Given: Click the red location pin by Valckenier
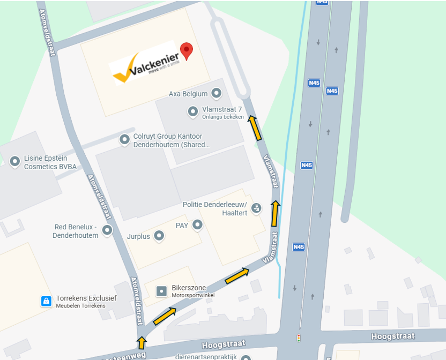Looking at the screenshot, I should tap(186, 50).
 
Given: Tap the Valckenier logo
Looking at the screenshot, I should tap(143, 67).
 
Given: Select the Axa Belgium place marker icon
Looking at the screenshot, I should tap(217, 94).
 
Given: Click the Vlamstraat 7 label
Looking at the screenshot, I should tap(222, 109).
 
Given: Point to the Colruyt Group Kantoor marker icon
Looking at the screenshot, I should tap(124, 140).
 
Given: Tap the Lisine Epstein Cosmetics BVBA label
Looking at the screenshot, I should tap(50, 163).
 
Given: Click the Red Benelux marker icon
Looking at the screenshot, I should tap(107, 230).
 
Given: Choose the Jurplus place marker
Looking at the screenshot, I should tap(159, 236).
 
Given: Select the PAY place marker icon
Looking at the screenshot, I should tap(198, 225).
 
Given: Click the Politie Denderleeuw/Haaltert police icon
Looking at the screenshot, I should tap(256, 208).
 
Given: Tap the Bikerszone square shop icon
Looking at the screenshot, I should tap(161, 291).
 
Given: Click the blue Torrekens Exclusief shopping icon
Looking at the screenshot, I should tap(47, 301).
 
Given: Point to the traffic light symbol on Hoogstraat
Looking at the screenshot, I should tap(299, 338).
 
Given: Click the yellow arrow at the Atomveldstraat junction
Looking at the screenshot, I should tap(142, 342).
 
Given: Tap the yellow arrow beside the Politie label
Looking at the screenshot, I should tap(274, 213).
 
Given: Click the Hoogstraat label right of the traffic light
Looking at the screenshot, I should tap(393, 336).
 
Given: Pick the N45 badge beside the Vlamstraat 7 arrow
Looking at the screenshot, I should tap(314, 83).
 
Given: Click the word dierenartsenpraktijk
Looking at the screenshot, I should tap(206, 356).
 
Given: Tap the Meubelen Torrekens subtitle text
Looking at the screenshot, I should tap(81, 306).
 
